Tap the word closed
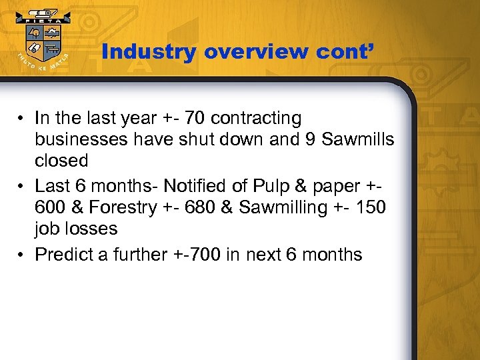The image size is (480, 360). point(61,161)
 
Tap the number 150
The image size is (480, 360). point(370,207)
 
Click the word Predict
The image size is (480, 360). point(63,254)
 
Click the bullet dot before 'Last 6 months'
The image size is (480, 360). point(22,185)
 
